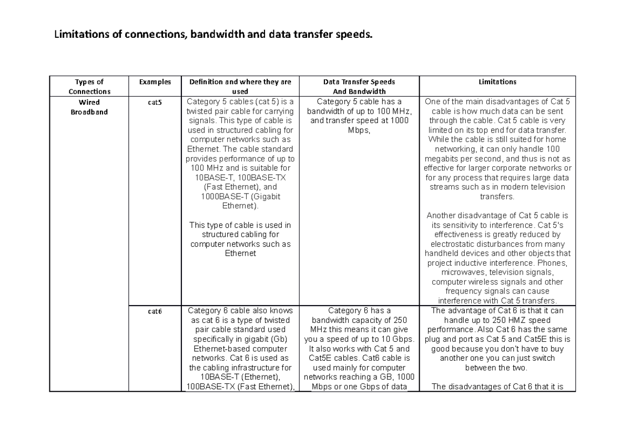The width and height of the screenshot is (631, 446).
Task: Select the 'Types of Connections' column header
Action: point(89,87)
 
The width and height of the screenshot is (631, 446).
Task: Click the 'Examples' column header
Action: point(155,82)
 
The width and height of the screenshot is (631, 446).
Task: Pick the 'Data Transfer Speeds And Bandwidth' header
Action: point(359,87)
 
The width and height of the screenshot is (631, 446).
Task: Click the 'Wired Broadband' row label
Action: point(89,107)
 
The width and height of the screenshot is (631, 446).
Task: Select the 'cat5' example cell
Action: point(155,103)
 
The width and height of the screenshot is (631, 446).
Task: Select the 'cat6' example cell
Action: point(155,311)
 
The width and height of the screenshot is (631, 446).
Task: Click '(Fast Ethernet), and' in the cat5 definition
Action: point(240,187)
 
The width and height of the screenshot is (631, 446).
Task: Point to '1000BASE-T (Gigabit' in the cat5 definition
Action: point(240,196)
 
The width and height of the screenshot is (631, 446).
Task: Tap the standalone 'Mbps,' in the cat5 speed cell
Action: point(359,130)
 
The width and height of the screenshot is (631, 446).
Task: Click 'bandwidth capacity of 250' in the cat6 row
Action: point(359,320)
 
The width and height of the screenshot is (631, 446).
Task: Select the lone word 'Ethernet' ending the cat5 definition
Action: point(240,254)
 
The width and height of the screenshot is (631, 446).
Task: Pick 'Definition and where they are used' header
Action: point(240,87)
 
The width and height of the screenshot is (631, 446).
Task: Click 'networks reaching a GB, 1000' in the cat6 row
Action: point(359,377)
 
